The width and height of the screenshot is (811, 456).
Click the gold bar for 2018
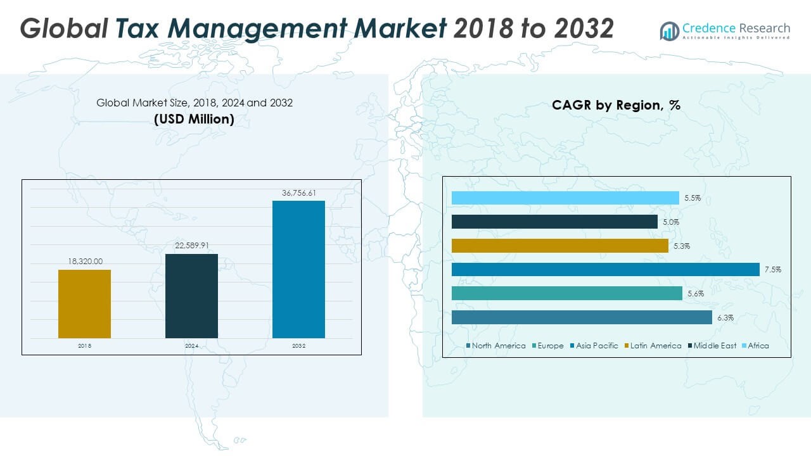pos(84,304)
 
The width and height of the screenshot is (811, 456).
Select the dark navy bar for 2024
pos(191,296)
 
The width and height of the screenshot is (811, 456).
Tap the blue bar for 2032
pos(298,269)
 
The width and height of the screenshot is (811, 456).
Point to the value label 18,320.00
pos(85,261)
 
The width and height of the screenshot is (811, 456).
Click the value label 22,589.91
pos(191,246)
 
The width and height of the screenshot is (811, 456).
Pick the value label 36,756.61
pos(298,193)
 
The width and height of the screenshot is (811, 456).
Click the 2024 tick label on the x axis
pos(191,346)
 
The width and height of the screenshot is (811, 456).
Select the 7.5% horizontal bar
pos(605,270)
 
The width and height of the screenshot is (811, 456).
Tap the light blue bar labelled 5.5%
pos(565,198)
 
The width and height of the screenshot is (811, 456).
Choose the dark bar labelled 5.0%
pos(554,222)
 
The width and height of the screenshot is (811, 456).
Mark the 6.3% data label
pos(726,318)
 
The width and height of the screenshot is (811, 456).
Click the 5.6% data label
pos(696,294)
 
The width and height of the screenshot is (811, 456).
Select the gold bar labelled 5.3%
pos(559,246)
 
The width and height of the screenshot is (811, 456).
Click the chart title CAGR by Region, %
pos(616,105)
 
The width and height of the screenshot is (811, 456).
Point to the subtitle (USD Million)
pos(194,118)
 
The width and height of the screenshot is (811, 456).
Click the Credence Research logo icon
pos(669,30)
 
